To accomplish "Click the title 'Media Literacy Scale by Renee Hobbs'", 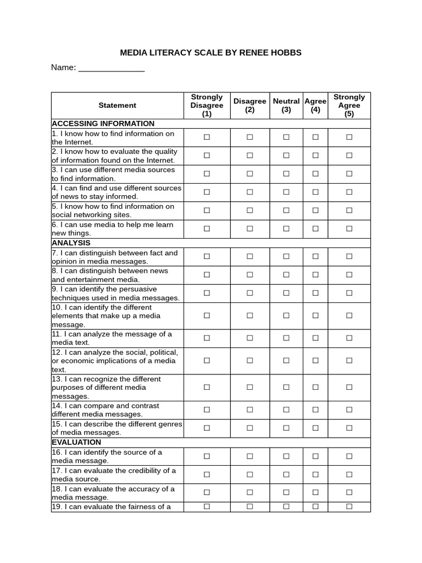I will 211,53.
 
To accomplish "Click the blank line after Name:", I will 112,68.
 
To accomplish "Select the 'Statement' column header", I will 117,105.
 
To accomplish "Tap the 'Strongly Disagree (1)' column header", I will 207,105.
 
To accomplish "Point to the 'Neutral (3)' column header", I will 286,105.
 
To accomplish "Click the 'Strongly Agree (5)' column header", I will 349,105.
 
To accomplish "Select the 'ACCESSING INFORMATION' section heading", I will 103,124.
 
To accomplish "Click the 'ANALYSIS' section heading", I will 71,242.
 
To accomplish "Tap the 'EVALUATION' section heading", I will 76,442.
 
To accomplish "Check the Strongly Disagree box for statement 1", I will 207,137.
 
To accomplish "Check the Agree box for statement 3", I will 315,174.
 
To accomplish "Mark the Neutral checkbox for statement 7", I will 286,256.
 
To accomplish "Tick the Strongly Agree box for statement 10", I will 349,316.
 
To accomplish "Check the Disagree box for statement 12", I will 249,361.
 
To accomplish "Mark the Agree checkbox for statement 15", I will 315,428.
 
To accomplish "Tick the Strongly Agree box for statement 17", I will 349,474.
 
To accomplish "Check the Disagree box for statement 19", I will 249,506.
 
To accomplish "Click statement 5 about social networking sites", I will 113,211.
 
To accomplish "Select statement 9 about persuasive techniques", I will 115,293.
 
